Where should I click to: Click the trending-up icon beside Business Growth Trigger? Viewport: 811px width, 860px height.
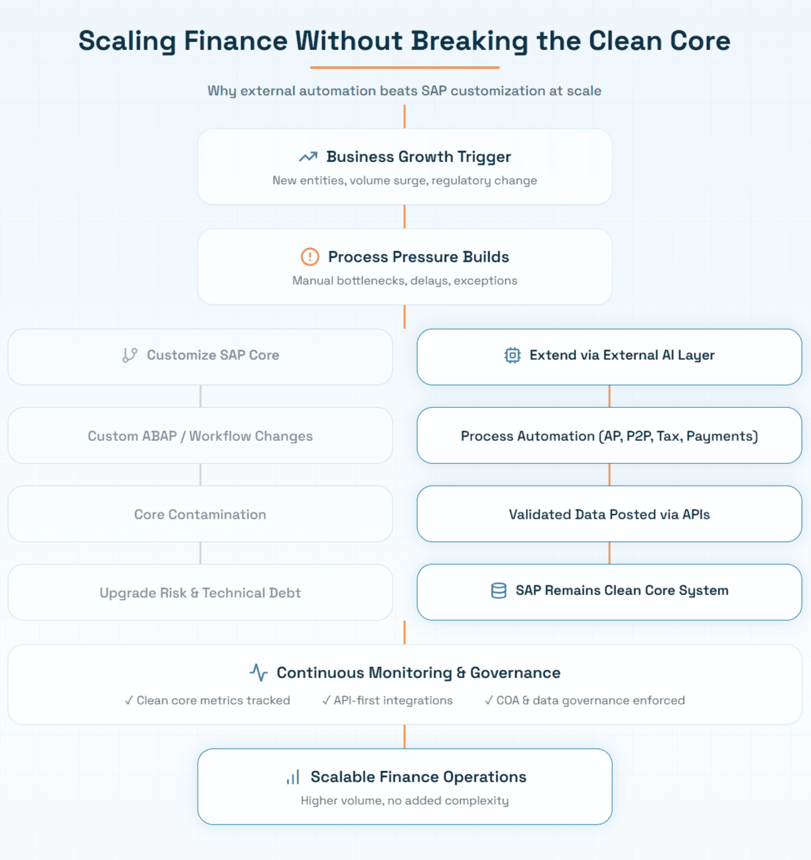pos(308,157)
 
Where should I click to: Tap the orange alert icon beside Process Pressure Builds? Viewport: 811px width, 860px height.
pos(310,256)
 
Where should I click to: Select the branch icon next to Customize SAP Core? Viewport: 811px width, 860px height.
pos(130,355)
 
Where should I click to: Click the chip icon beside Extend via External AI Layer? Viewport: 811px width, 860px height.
pos(512,355)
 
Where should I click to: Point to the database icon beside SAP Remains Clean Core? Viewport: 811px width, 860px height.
pos(499,590)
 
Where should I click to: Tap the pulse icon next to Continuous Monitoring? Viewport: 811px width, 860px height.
pos(259,673)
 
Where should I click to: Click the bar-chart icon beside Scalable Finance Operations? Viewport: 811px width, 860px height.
pos(293,777)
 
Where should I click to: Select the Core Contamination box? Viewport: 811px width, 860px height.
pos(200,514)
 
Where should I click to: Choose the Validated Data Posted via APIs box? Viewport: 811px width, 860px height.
pos(609,514)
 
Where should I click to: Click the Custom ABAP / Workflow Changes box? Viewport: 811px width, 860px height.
pos(200,436)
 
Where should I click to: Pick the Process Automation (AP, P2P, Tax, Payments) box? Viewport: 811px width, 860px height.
pos(609,436)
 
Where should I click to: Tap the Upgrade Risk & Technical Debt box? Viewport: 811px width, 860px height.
pos(200,592)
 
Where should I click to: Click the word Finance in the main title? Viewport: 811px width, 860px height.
pos(235,41)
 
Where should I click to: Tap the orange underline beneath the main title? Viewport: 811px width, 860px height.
pos(405,67)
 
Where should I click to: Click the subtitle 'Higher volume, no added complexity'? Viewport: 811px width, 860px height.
pos(405,801)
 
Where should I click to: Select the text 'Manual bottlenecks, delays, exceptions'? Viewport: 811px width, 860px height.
pos(405,281)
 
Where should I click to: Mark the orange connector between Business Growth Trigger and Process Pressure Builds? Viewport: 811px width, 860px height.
pos(405,216)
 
